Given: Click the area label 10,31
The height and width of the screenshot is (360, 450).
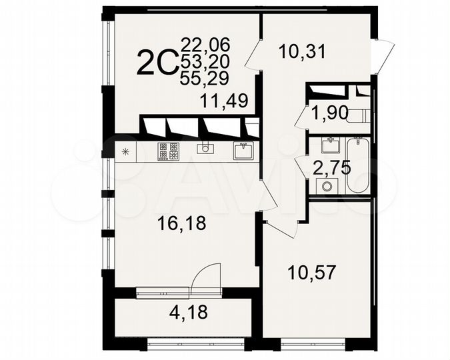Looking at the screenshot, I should [x=303, y=51].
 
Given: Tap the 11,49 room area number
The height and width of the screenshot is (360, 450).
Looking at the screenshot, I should [x=225, y=101].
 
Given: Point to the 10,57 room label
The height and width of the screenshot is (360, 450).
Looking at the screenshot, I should [x=311, y=272].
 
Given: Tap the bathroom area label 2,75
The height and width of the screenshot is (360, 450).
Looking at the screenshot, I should [x=331, y=167].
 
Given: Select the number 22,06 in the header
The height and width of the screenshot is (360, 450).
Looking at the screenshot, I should [x=205, y=46].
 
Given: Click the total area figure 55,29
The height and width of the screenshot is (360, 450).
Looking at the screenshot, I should [x=205, y=78].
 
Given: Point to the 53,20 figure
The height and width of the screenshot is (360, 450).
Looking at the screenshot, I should [x=205, y=62].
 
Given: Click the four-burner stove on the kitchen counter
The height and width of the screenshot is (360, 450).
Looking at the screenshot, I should [x=168, y=151].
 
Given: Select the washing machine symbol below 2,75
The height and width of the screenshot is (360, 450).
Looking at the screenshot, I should [x=327, y=185].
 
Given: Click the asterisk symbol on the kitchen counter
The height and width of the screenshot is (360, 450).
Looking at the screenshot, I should [x=125, y=151].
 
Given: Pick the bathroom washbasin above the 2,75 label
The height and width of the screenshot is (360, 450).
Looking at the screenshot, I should [x=327, y=144].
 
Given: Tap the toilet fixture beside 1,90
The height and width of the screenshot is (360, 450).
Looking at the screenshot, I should [x=359, y=115].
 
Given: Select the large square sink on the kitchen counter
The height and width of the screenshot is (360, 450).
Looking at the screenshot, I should [x=243, y=151].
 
